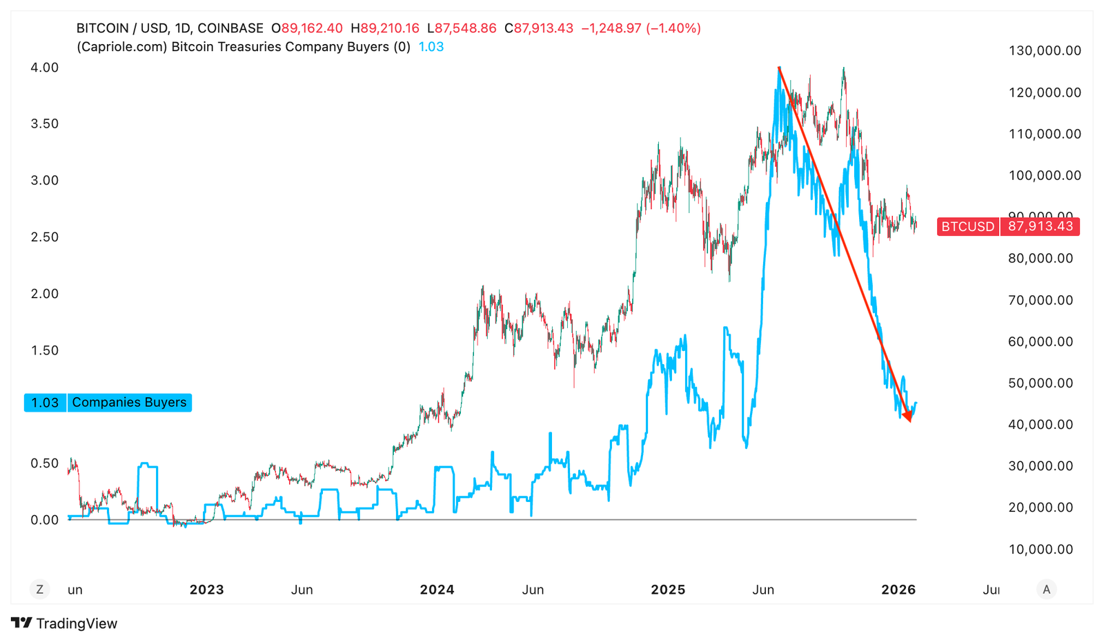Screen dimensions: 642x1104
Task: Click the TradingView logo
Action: tap(64, 623)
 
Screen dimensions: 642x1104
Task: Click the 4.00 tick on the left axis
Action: tap(45, 68)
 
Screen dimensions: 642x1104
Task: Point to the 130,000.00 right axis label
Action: tap(1045, 50)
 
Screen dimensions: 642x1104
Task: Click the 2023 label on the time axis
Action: tap(206, 590)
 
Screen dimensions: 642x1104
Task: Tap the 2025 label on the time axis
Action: tap(668, 590)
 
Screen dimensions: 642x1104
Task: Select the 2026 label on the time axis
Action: tap(898, 590)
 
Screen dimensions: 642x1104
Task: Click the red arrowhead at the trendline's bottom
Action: tap(908, 417)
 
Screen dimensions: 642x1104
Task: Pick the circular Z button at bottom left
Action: tap(39, 590)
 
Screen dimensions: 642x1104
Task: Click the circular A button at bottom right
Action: tap(1046, 590)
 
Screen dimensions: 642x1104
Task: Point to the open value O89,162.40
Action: tap(307, 28)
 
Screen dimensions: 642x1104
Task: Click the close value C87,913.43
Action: tap(539, 28)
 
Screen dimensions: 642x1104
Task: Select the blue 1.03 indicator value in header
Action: tap(431, 47)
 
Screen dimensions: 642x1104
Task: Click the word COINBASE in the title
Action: tap(230, 28)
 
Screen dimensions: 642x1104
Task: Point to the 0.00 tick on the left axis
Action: tap(45, 520)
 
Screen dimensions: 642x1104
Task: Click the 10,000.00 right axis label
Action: tap(1041, 550)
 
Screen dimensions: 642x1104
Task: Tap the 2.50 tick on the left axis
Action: tap(45, 237)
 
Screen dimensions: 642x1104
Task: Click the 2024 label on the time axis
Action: tap(437, 590)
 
